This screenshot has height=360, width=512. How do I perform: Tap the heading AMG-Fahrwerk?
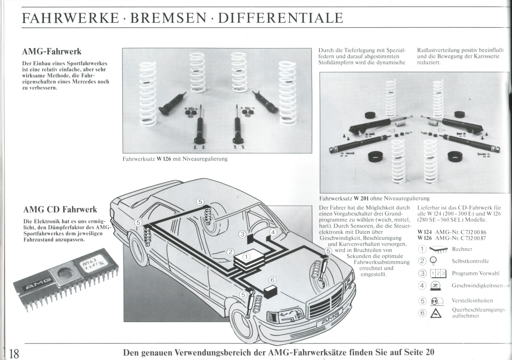click(52, 51)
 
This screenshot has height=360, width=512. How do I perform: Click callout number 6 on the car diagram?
click(272, 280)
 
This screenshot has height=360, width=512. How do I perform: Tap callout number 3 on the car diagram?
click(242, 234)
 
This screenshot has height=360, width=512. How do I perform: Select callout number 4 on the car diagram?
click(273, 232)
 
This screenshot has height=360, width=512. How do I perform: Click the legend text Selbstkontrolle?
click(470, 261)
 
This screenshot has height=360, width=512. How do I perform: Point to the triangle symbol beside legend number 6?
click(436, 314)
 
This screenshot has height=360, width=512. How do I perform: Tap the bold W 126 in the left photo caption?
click(163, 159)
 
